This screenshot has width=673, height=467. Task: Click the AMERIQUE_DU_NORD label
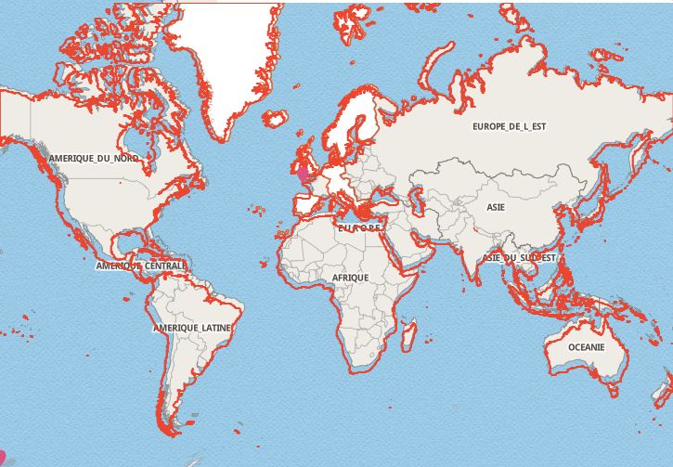[x=95, y=159]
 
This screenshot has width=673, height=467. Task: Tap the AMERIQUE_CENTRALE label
[x=141, y=266]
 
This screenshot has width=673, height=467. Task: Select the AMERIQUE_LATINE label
[x=192, y=329]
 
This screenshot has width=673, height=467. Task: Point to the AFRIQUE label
[x=350, y=278]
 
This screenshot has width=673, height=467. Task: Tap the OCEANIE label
[x=586, y=347]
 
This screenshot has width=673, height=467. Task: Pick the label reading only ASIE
[x=496, y=207]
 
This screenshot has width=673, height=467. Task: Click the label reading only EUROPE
[x=358, y=227]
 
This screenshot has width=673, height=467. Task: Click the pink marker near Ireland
[x=301, y=171]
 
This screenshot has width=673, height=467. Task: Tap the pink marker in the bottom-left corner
[x=3, y=456]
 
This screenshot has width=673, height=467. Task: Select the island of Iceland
[x=274, y=119]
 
